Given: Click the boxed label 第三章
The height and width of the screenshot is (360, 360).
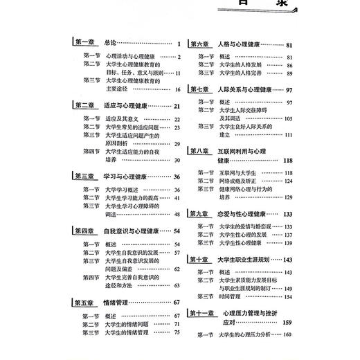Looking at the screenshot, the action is coord(84,177).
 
